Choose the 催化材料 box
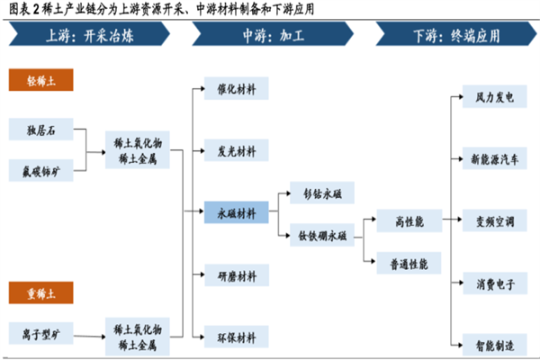click(237, 90)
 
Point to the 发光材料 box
click(237, 150)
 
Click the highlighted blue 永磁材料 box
click(237, 213)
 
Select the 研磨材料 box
click(237, 275)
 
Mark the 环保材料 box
click(237, 337)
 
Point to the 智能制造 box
click(489, 344)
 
